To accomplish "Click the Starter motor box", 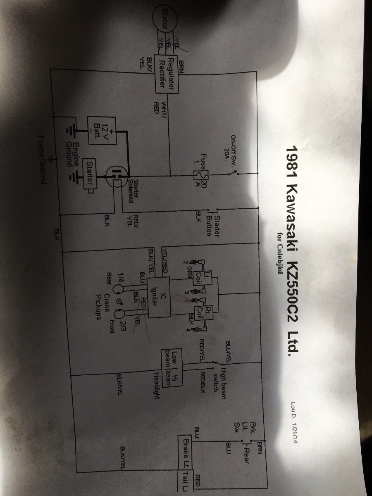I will (x=90, y=173).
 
